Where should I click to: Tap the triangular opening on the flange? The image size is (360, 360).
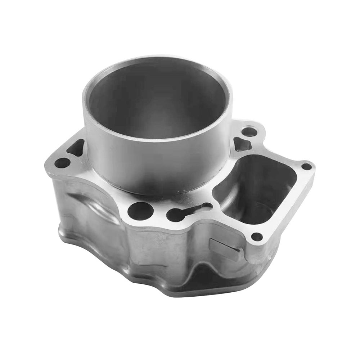click(76, 148)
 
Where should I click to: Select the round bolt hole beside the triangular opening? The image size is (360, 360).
click(62, 163)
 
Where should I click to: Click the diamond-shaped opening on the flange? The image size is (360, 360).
click(243, 144)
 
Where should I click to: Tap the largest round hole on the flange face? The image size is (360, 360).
click(140, 211)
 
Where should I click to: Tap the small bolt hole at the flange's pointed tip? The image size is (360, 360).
click(306, 166)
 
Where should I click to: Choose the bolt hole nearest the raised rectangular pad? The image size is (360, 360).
click(257, 237)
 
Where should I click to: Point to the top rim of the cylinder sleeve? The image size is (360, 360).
click(157, 60)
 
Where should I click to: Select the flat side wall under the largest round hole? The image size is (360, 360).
click(144, 248)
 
